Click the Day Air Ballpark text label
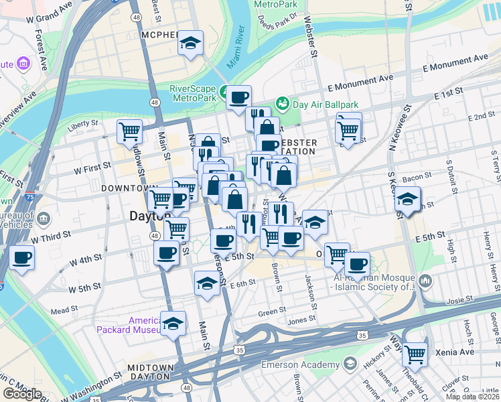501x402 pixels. tap(326, 105)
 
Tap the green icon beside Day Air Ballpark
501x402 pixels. tap(283, 104)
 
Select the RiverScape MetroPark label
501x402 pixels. tap(193, 92)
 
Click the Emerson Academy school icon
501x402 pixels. tap(350, 364)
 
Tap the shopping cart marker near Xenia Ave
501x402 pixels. tap(415, 354)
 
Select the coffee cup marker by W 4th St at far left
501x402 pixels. tap(21, 257)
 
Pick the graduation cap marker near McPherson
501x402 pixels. tap(190, 44)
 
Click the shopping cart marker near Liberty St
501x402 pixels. tap(129, 131)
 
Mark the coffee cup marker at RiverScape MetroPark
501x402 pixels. tap(238, 98)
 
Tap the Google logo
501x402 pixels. tap(22, 393)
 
